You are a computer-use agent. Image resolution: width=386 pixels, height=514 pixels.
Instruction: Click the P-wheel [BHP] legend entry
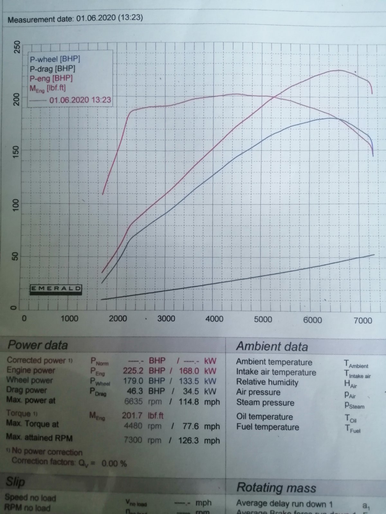point(55,59)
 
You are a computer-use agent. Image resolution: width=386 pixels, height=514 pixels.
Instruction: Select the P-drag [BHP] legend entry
point(52,69)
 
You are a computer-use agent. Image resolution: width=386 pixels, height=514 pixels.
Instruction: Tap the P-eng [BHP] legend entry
point(51,78)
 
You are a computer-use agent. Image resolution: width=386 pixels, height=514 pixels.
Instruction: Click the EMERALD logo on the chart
point(56,289)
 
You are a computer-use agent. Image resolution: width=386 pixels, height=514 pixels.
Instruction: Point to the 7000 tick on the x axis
point(363,320)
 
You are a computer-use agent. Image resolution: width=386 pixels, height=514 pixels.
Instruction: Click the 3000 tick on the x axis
point(166,319)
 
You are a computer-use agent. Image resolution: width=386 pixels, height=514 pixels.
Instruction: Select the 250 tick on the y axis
point(16,47)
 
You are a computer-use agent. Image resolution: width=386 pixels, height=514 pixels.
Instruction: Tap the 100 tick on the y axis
point(16,204)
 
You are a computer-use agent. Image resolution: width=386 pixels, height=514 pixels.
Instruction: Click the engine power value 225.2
point(133,371)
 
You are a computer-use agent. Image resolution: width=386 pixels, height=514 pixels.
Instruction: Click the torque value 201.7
point(132,415)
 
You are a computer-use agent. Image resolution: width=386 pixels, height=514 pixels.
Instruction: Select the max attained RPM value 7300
point(133,439)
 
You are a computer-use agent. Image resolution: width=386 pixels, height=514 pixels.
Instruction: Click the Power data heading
point(38,345)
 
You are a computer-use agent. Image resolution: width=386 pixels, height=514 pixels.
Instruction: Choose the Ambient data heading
point(272,346)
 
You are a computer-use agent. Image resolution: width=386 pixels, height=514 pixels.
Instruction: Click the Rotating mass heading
point(276,488)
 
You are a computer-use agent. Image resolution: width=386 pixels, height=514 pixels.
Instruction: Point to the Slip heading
point(15,482)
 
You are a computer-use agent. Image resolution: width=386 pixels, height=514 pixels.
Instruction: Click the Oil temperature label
point(264,417)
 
